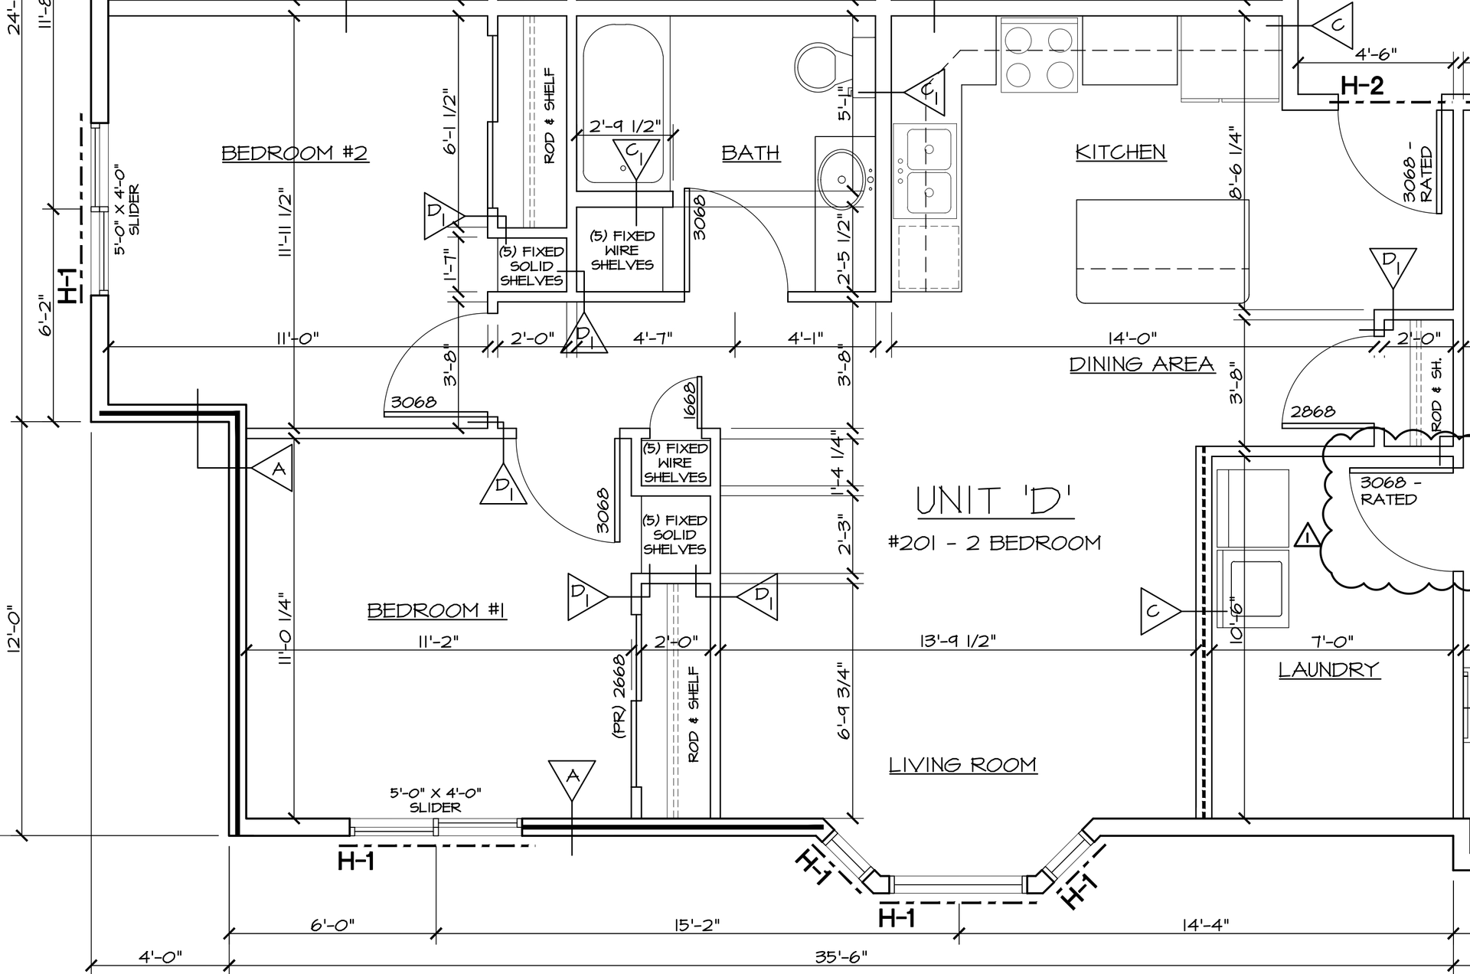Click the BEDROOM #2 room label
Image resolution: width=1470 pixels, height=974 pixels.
tap(295, 153)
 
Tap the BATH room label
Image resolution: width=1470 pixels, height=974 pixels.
tap(750, 153)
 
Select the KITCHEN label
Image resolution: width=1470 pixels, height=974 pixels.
tap(1121, 152)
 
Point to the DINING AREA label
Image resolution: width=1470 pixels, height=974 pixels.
tap(1142, 364)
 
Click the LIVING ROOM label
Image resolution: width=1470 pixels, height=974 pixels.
tap(962, 765)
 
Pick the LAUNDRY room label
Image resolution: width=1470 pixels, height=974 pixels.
tap(1328, 670)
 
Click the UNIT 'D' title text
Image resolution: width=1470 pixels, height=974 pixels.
tap(995, 501)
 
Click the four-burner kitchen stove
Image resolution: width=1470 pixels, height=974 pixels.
tap(1039, 55)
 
